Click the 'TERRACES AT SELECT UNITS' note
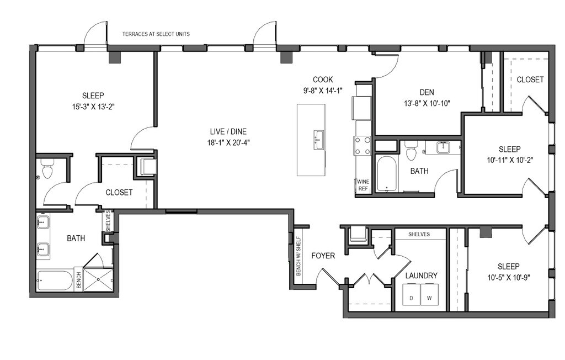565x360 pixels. (x=156, y=34)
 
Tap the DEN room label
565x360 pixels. (x=427, y=92)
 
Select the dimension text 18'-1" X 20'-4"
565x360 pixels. (x=228, y=142)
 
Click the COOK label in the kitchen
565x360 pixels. (x=323, y=80)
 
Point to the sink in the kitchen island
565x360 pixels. (x=319, y=140)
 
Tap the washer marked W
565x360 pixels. (x=429, y=294)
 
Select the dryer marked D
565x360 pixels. (x=412, y=294)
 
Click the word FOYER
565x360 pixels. (x=323, y=256)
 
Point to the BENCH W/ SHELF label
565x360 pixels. (x=299, y=256)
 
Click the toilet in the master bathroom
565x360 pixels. (x=47, y=169)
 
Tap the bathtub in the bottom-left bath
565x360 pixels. (x=55, y=280)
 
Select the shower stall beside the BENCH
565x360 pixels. (x=98, y=279)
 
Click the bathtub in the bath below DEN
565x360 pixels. (x=387, y=174)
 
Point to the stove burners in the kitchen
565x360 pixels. (x=363, y=145)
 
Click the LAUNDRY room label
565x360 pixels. (x=421, y=276)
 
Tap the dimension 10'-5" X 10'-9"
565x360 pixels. (x=508, y=278)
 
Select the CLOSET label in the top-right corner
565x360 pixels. (x=530, y=80)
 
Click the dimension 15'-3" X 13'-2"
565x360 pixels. (x=93, y=107)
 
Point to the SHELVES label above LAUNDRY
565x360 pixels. (x=419, y=234)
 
